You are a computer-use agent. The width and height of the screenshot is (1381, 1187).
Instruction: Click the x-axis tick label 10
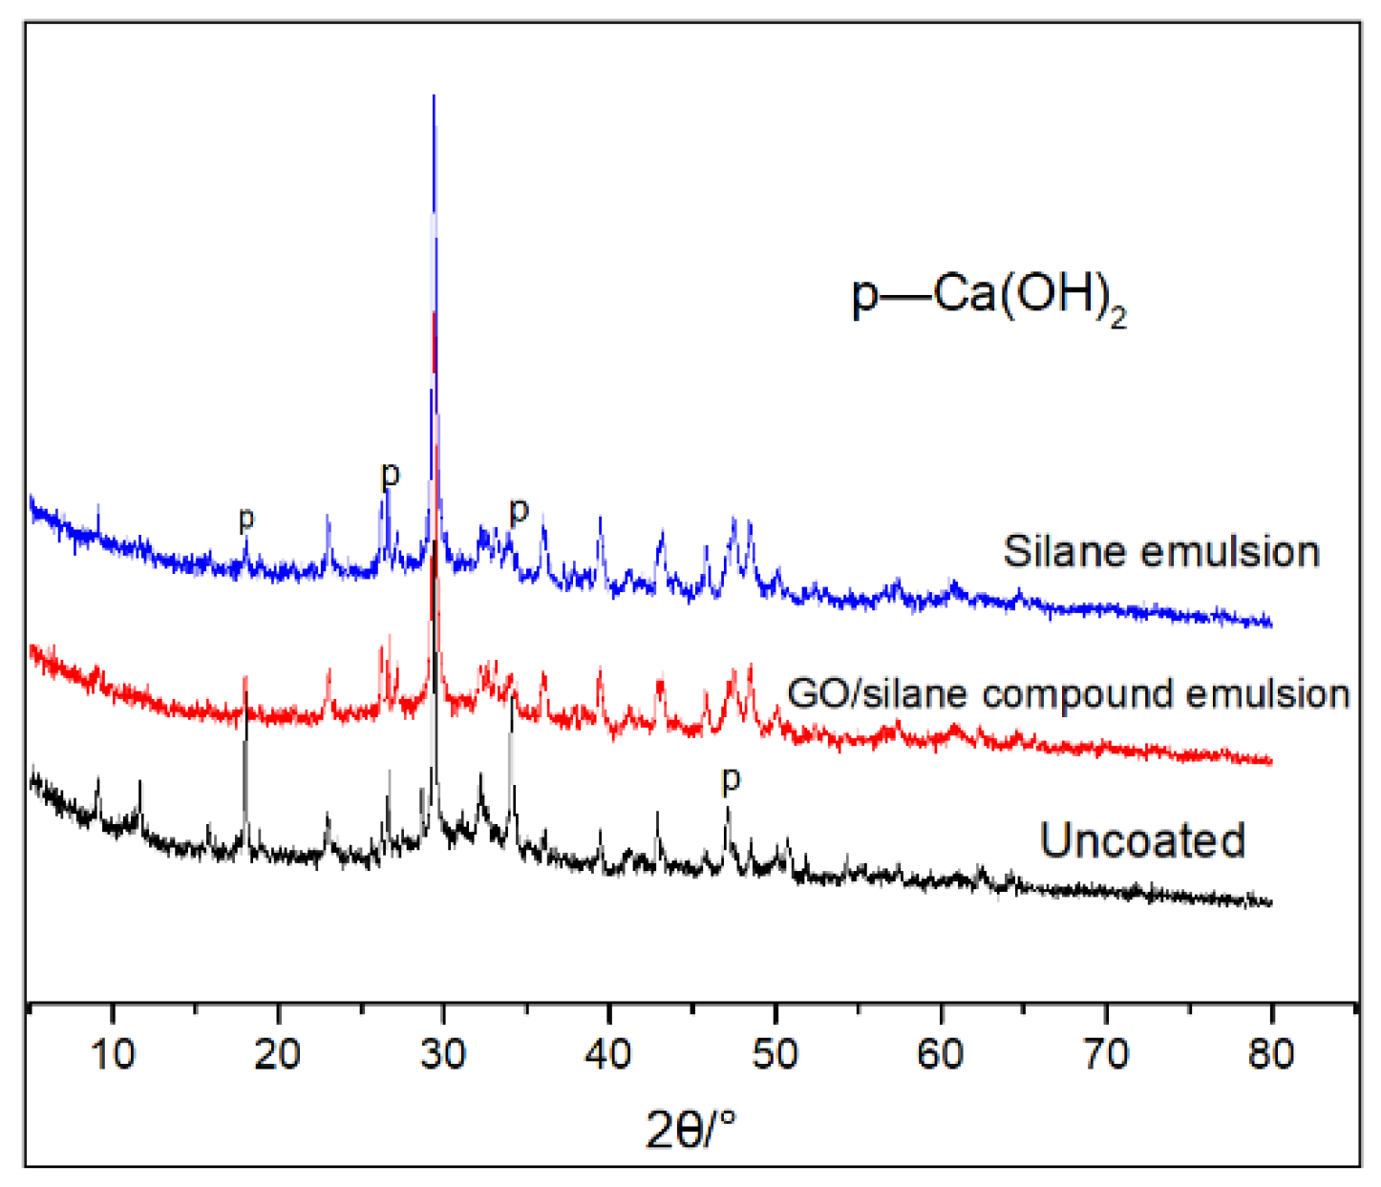point(113,1054)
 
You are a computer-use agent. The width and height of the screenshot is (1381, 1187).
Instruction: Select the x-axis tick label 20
point(278,1054)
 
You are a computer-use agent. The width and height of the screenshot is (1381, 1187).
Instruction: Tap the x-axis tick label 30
point(443,1054)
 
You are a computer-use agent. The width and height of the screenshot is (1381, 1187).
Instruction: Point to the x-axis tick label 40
point(608,1054)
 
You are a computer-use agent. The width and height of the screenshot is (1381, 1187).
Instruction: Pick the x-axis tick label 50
point(775,1054)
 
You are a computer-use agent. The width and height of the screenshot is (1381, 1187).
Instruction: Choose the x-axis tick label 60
point(941,1054)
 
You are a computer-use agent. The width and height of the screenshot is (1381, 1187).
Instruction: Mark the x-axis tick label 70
point(1106,1054)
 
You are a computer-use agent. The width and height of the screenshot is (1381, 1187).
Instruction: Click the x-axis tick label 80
point(1271,1054)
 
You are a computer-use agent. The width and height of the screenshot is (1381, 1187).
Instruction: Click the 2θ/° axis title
point(690,1131)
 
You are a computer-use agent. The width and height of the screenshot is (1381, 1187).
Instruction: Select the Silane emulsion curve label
point(1161,552)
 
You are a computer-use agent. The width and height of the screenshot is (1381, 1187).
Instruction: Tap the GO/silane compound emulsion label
point(1069,694)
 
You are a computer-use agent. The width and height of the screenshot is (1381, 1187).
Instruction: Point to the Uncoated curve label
point(1142,840)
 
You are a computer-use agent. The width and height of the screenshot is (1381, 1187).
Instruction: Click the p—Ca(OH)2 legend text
point(988,297)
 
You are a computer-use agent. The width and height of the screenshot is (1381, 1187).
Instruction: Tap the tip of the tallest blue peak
point(434,96)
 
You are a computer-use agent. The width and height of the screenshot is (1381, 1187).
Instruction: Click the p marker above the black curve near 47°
point(731,780)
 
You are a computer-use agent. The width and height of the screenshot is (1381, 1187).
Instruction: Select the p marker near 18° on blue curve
point(246,520)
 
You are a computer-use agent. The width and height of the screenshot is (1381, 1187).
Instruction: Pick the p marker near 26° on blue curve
point(390,475)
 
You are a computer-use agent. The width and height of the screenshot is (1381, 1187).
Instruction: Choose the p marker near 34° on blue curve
point(519,511)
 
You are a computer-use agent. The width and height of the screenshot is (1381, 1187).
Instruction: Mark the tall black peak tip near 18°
point(245,679)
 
